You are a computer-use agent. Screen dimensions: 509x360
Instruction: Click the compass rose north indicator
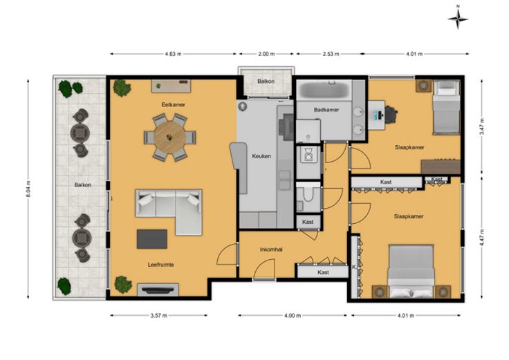[x=458, y=19]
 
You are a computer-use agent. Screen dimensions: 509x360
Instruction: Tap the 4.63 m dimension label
[x=173, y=54]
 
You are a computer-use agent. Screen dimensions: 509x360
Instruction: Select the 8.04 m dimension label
[x=28, y=189]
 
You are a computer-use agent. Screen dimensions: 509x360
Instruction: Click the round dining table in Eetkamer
[x=169, y=137]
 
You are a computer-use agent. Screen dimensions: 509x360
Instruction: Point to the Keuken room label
[x=261, y=156]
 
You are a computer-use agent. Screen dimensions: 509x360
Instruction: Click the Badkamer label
[x=326, y=110]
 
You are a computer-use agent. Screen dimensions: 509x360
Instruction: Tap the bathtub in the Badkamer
[x=324, y=90]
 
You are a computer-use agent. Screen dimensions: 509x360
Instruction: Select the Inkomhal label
[x=271, y=249]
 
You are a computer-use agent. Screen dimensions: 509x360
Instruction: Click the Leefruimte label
[x=160, y=265]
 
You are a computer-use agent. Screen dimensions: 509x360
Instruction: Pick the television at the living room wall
[x=158, y=290]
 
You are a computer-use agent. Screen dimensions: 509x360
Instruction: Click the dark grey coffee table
[x=152, y=239]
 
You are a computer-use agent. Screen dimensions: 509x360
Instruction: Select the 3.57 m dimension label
[x=159, y=315]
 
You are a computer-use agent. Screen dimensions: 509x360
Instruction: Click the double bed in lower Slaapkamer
[x=411, y=271]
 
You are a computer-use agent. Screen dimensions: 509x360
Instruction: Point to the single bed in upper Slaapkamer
[x=447, y=107]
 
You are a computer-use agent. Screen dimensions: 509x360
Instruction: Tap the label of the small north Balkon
[x=266, y=81]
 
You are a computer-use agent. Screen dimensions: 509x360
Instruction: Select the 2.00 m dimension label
[x=266, y=54]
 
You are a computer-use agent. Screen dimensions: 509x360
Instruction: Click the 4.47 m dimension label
[x=482, y=238]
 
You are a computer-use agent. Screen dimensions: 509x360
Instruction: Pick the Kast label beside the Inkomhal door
[x=324, y=272]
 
